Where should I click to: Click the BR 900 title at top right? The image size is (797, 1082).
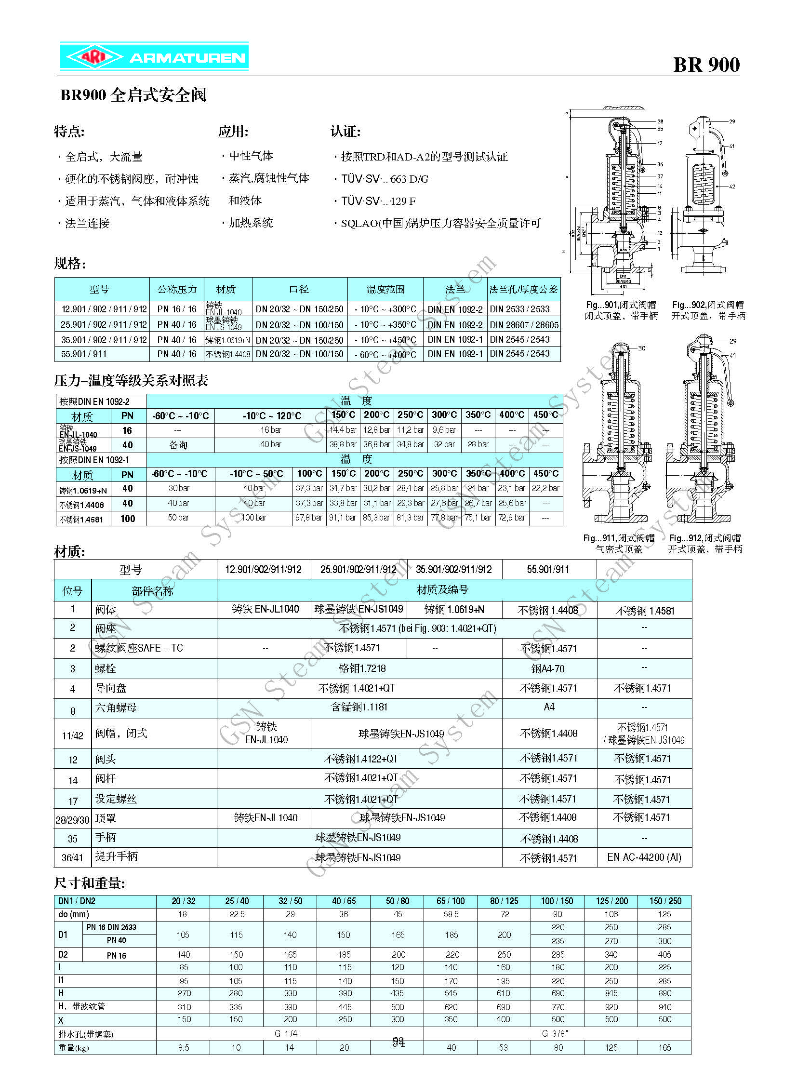point(706,65)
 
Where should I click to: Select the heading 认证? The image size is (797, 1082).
point(345,131)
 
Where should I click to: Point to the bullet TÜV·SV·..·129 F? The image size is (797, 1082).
point(378,201)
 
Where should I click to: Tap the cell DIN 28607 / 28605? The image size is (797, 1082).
point(524,325)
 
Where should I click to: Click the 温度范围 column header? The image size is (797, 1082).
point(385,290)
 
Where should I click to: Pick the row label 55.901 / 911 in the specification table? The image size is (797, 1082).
point(83,354)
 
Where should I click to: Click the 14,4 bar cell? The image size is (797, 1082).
point(343,430)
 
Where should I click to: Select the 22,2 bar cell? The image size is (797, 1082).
point(545,488)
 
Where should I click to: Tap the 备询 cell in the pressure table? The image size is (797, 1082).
point(178,445)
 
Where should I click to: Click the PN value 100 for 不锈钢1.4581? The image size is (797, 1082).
point(128,519)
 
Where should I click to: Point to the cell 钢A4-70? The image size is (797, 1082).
point(547,668)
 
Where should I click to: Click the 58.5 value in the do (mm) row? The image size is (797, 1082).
point(451,915)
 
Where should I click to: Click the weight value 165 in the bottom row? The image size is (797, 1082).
point(664,1048)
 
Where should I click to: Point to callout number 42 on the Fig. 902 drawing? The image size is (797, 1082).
point(732,187)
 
